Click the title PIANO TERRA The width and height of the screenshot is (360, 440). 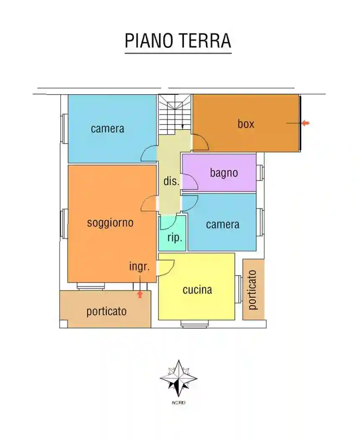click(x=178, y=41)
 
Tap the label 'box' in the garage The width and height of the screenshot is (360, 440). click(x=246, y=124)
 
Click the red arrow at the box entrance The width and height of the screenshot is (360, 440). click(x=306, y=123)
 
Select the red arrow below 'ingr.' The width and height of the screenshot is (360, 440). click(x=140, y=294)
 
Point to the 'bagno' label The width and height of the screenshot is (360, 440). click(x=224, y=173)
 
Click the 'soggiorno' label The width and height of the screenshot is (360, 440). click(x=110, y=223)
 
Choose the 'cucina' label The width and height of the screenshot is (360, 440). click(x=197, y=290)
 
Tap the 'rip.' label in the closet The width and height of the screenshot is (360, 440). click(x=175, y=238)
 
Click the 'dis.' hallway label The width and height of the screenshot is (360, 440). click(x=171, y=182)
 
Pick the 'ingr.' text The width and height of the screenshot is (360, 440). click(x=139, y=267)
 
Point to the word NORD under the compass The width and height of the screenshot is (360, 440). click(x=178, y=403)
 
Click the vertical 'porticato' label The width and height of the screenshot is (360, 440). click(x=253, y=290)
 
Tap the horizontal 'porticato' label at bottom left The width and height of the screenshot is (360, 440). click(x=106, y=311)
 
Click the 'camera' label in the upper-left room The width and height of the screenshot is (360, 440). click(x=108, y=129)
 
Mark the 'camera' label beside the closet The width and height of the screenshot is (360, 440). click(x=222, y=225)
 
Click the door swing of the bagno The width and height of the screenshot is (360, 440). click(x=190, y=181)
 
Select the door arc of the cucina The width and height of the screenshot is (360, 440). click(x=166, y=267)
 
